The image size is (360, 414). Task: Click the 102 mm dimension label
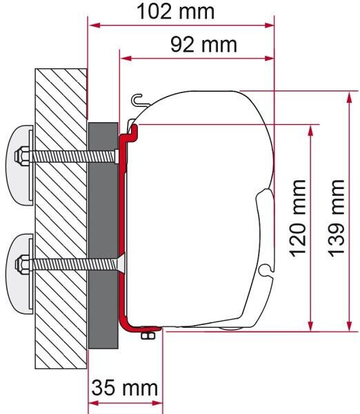176,12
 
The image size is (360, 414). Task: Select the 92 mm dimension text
203,45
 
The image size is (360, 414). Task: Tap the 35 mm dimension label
125,388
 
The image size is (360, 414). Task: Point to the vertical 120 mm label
299,218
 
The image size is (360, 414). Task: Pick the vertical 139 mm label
337,218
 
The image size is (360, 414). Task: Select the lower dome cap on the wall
21,273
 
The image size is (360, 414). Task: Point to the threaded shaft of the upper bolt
72,157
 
